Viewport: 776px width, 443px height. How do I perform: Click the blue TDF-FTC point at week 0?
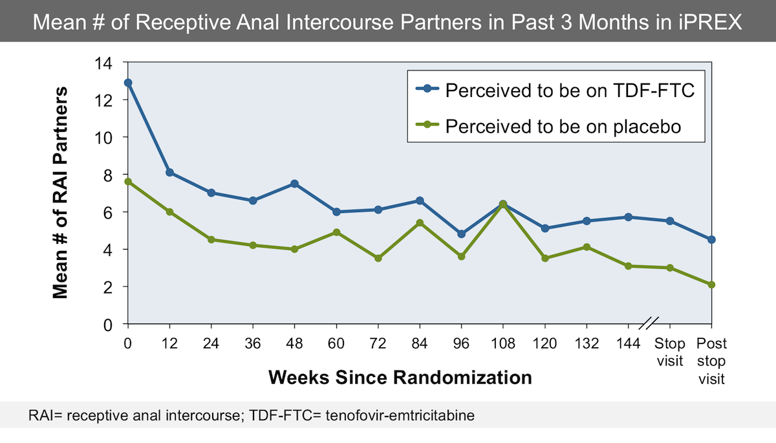(128, 83)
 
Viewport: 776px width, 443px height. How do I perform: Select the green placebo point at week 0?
(128, 182)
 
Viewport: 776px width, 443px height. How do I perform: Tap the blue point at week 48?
(295, 184)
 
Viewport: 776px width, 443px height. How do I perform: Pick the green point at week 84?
(420, 222)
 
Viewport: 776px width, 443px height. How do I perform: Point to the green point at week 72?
(378, 258)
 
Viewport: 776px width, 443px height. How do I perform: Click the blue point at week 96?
(462, 233)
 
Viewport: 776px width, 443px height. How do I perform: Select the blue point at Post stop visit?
(712, 239)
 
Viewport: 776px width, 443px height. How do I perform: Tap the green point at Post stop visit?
(712, 285)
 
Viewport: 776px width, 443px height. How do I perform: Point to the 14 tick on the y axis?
(104, 63)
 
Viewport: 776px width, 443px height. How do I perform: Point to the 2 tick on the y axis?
(108, 286)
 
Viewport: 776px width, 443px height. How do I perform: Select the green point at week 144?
(629, 266)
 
